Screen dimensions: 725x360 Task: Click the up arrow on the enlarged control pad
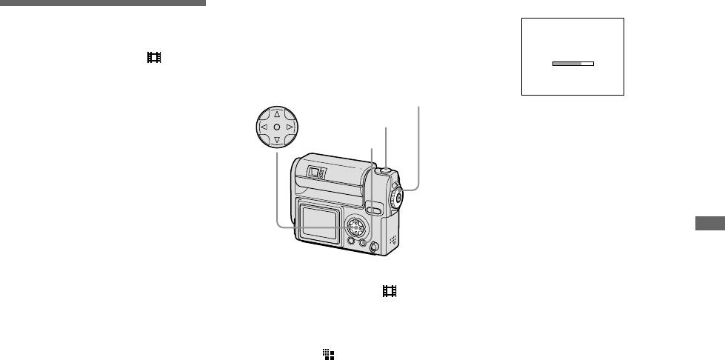275,115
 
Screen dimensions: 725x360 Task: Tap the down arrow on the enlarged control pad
275,140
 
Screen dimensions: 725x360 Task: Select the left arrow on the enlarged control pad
262,127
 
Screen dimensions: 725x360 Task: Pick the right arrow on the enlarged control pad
290,127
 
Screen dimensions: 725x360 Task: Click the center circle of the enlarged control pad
275,127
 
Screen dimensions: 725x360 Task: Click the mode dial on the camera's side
398,197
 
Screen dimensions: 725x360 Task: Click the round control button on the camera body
357,224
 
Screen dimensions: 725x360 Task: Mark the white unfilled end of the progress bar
587,64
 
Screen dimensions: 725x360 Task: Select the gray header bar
103,3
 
